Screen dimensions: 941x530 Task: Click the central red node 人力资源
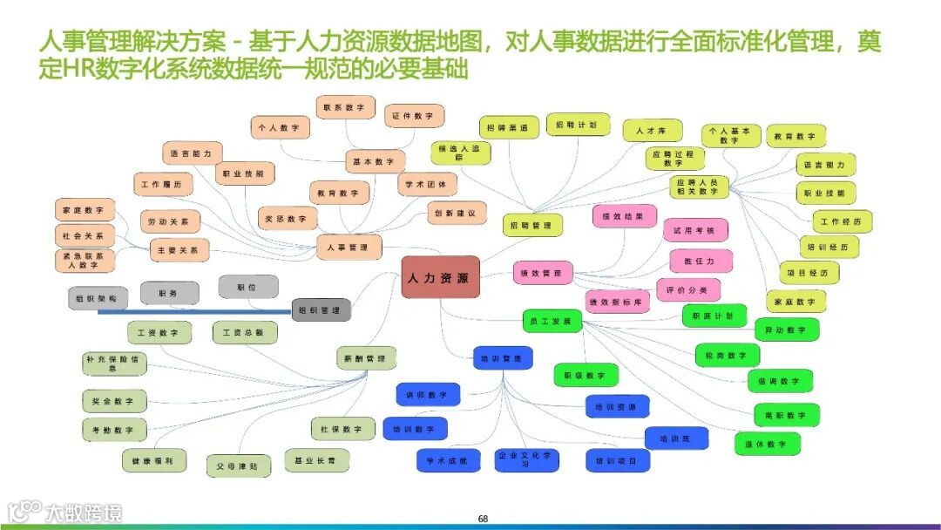(440, 278)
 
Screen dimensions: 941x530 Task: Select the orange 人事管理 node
(349, 248)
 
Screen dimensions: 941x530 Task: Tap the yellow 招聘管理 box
(531, 226)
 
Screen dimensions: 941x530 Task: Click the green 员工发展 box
(552, 322)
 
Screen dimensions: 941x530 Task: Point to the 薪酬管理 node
(365, 358)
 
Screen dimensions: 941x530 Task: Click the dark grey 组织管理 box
(321, 309)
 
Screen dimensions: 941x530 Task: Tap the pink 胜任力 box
(700, 261)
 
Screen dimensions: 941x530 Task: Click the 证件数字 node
(414, 116)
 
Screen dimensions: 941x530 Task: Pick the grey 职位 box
(247, 286)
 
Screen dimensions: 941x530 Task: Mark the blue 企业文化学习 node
(526, 459)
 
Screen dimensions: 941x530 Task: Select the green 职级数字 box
(586, 376)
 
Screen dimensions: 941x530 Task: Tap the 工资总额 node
(244, 333)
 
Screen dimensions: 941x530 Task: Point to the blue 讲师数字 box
(427, 395)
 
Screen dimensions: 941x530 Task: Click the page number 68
(483, 520)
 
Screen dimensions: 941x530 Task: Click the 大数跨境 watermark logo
(65, 511)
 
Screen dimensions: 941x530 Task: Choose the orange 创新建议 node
(456, 213)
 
